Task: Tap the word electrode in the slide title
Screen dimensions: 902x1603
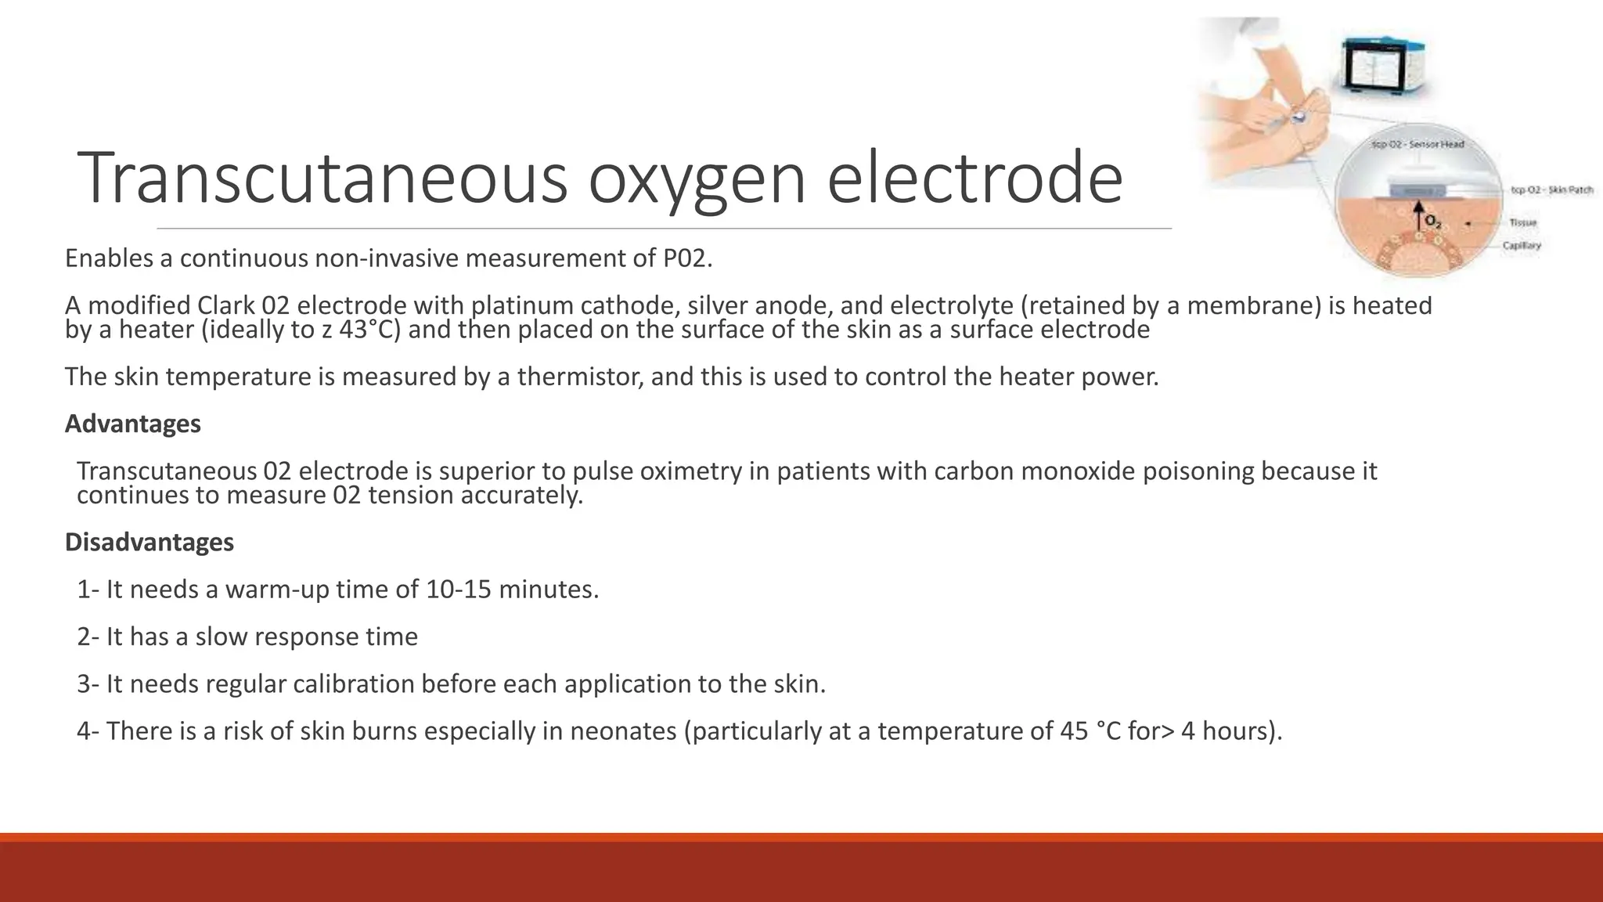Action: click(974, 180)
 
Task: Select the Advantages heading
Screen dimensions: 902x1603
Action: click(132, 424)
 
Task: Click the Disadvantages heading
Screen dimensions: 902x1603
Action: click(149, 542)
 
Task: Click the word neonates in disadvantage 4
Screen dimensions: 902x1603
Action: click(622, 731)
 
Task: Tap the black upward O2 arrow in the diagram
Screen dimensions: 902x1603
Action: click(1417, 214)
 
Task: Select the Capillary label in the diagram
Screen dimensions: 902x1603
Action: click(1521, 246)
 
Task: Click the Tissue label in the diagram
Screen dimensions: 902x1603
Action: click(1522, 223)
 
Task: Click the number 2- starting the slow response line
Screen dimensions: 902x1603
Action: click(88, 637)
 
